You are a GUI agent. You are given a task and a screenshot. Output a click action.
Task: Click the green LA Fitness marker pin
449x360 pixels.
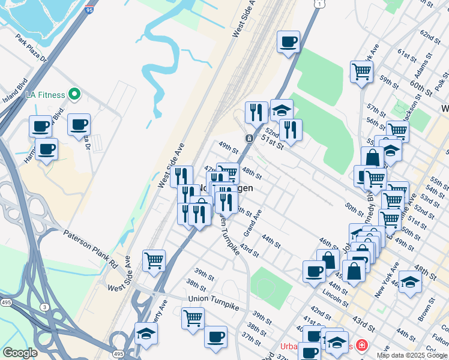74,94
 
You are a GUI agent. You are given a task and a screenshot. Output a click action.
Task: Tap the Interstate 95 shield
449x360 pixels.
89,10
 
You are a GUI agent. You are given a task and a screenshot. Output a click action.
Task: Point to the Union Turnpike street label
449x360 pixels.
213,299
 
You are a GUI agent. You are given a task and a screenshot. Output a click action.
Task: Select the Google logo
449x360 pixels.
20,353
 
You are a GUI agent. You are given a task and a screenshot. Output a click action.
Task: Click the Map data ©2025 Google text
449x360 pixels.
411,355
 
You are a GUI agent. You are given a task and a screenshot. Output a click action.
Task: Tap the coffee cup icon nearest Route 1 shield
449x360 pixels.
289,42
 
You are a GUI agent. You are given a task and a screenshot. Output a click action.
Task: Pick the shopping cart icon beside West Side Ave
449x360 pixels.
154,260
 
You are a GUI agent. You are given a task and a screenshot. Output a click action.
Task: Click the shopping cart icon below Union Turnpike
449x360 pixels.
193,317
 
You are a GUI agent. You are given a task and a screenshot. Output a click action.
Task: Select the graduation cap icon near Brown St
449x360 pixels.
411,281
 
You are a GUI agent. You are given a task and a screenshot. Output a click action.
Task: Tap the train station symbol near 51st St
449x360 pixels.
249,139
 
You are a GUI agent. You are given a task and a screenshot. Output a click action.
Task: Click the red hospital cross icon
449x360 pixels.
361,345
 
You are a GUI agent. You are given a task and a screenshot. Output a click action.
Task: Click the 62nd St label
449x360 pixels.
430,36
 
